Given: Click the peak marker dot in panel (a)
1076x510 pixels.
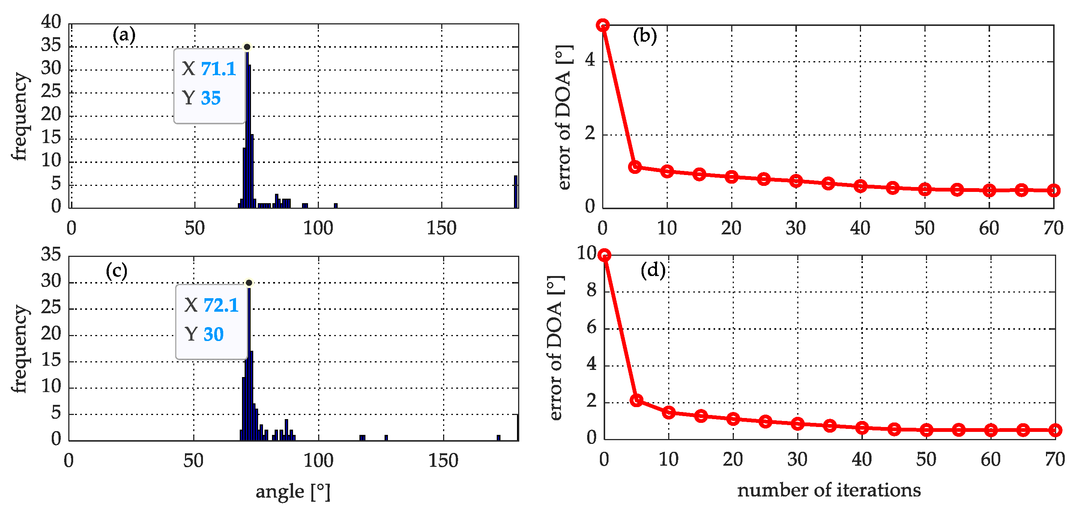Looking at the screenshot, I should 247,47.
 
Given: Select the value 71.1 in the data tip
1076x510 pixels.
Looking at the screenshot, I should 218,69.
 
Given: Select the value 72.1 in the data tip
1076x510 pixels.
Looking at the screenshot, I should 221,305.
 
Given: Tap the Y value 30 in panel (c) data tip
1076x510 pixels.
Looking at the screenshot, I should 213,334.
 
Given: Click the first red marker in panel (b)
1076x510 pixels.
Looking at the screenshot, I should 602,25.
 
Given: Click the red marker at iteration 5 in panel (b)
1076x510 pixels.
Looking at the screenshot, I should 635,167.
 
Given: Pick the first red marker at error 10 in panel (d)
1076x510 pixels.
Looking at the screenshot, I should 604,255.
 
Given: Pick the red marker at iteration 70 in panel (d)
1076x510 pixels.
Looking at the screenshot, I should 1055,430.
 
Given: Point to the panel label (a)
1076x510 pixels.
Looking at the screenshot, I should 124,35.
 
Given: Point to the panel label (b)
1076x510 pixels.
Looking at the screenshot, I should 645,36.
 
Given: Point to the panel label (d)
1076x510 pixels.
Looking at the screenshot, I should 653,271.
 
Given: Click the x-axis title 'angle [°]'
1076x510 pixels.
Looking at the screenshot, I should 293,492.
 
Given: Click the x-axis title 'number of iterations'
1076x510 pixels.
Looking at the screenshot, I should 829,490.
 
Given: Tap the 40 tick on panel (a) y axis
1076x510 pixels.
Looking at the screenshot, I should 51,21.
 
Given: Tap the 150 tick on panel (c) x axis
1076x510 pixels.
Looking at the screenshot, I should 443,461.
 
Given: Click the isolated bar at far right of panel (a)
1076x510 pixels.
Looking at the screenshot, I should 516,192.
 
